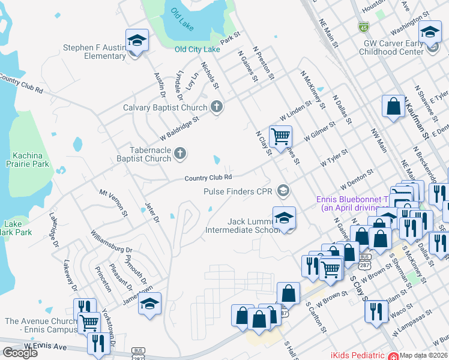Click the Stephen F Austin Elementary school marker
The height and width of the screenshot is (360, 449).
coord(137,41)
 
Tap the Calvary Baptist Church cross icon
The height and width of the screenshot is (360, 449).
coord(217,107)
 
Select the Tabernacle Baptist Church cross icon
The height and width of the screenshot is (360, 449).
coord(179,155)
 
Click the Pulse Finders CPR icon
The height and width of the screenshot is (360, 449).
coord(283,191)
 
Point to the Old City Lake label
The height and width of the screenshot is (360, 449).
coord(197,49)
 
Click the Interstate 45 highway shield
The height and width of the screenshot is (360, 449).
coord(363,27)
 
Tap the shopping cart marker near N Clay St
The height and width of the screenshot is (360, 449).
coord(280,136)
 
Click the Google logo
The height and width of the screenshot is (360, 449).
coord(20,352)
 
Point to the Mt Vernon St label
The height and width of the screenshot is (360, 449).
coord(114,202)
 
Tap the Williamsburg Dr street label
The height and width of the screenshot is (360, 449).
coord(111,241)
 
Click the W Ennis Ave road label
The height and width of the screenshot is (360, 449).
coord(46,346)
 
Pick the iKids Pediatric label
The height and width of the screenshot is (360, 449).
coord(358,355)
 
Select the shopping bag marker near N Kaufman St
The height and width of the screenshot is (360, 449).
coord(393,107)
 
